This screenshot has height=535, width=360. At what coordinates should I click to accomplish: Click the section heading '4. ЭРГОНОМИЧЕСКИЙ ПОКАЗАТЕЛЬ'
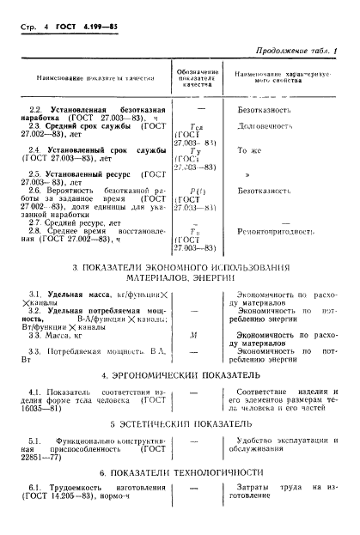180,374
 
